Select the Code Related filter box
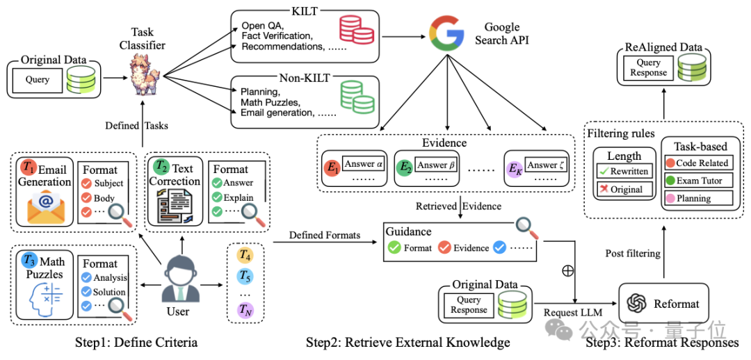(699, 163)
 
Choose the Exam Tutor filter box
(699, 181)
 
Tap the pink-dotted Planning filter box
(699, 197)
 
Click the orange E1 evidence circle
(330, 167)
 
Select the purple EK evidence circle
(513, 167)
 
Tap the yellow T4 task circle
(245, 256)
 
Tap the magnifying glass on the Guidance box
(528, 227)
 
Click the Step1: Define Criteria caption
(136, 343)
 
